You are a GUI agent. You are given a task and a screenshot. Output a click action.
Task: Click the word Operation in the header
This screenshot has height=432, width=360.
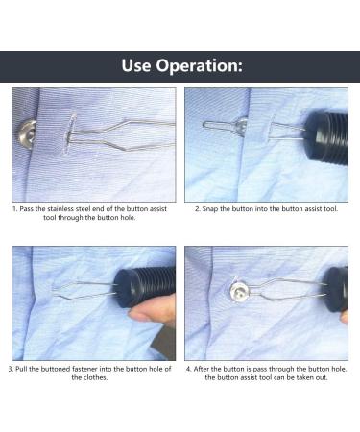(x=196, y=66)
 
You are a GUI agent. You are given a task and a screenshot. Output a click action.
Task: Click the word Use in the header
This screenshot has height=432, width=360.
(x=136, y=65)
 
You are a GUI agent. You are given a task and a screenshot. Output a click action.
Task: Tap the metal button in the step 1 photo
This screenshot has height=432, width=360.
(x=27, y=134)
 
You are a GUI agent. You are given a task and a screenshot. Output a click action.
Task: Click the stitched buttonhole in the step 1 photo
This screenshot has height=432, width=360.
(x=70, y=133)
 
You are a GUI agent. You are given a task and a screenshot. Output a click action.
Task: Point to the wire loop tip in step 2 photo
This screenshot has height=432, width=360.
(x=204, y=125)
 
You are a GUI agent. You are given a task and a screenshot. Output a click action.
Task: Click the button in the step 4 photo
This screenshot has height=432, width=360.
(x=240, y=291)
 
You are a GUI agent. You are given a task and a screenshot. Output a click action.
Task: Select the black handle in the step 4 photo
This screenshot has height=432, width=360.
(x=336, y=289)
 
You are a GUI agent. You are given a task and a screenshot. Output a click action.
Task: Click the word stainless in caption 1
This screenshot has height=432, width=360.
(x=60, y=209)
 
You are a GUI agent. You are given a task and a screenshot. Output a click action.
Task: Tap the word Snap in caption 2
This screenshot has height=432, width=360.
(x=210, y=209)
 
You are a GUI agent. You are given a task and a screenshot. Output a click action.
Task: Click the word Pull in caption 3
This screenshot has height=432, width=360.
(x=21, y=369)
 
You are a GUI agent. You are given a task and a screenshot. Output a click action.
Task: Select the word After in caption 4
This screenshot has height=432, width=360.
(x=202, y=369)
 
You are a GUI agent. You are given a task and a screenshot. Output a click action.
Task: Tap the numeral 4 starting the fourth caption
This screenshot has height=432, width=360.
(x=188, y=369)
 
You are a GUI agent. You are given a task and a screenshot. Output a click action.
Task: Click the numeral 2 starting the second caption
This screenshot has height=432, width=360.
(x=198, y=209)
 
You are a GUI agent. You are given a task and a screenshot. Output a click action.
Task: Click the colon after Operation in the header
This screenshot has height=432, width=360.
(x=239, y=67)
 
